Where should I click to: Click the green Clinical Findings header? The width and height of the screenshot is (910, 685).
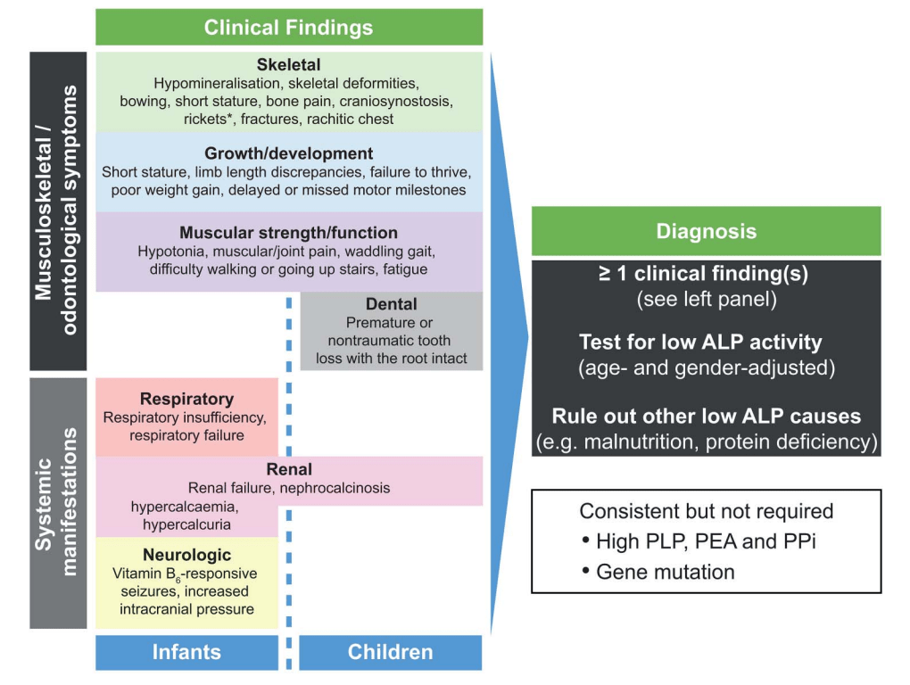click(x=288, y=28)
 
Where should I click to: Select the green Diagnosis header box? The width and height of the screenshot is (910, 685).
click(x=706, y=232)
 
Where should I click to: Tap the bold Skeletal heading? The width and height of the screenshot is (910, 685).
click(x=288, y=65)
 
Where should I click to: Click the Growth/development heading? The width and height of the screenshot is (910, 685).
click(x=288, y=153)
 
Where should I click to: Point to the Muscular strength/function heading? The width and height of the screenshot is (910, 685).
click(x=288, y=233)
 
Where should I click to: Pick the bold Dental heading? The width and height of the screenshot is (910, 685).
click(x=391, y=305)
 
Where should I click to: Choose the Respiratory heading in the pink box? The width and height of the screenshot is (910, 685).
click(x=186, y=399)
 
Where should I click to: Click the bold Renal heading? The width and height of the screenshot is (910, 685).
click(x=288, y=469)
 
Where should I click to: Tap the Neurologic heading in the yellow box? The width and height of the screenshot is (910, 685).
click(x=186, y=555)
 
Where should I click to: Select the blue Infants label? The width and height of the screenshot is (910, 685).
click(x=186, y=652)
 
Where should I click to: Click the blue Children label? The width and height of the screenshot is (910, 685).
click(x=390, y=652)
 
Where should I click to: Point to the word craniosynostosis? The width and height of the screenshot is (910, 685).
click(x=399, y=101)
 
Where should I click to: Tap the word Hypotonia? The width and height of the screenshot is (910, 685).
click(x=170, y=252)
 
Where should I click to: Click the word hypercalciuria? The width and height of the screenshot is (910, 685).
click(x=186, y=524)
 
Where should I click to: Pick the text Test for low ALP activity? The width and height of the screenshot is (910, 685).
click(x=700, y=342)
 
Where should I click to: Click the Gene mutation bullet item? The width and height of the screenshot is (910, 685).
click(x=665, y=572)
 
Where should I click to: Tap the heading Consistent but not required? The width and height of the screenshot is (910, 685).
click(x=706, y=511)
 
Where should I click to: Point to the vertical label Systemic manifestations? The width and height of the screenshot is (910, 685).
click(x=58, y=502)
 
